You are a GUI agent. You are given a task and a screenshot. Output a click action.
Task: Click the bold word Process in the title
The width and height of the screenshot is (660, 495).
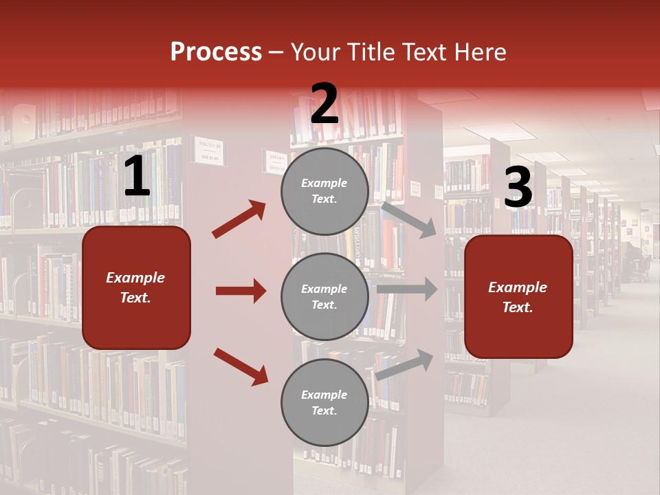click(216, 52)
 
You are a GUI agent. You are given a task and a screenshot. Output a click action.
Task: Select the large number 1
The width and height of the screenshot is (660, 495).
click(137, 177)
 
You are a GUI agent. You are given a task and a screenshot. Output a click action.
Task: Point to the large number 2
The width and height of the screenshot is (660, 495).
click(324, 104)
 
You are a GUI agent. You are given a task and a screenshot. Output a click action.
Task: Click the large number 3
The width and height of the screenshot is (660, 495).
click(518, 188)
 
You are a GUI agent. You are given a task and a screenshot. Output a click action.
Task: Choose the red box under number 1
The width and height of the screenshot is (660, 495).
click(136, 287)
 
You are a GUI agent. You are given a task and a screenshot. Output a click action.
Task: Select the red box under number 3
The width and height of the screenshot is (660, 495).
click(518, 296)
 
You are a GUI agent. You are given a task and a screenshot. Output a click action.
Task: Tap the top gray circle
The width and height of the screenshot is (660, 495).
click(324, 191)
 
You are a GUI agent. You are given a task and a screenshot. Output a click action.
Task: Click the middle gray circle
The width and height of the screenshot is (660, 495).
click(324, 296)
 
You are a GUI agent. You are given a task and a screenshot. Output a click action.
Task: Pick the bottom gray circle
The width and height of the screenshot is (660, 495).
click(324, 402)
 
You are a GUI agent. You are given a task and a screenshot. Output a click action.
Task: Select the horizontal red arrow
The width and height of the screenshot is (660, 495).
click(241, 291)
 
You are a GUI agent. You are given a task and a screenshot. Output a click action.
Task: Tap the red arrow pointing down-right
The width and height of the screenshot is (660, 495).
click(241, 366)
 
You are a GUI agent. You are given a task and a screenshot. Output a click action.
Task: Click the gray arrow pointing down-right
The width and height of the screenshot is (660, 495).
click(408, 219)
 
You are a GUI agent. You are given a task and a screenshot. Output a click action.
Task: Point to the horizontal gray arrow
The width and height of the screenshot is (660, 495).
click(406, 289)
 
